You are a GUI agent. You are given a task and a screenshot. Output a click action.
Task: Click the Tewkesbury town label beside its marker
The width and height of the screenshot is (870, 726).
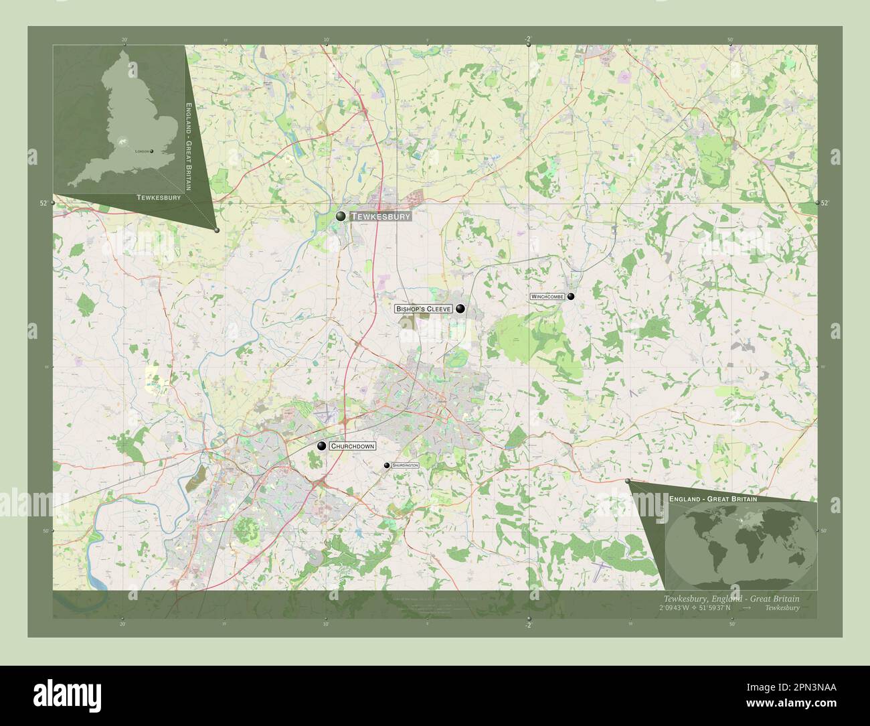tap(379, 216)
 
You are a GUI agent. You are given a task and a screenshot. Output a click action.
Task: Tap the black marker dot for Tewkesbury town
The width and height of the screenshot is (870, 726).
tap(341, 216)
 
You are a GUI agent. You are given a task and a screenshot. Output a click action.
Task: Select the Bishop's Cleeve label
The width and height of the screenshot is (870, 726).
tap(423, 309)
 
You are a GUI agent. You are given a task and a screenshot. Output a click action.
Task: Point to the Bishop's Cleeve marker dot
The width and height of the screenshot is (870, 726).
tap(460, 309)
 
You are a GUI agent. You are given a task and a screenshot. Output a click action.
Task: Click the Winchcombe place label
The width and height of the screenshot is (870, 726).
tap(547, 296)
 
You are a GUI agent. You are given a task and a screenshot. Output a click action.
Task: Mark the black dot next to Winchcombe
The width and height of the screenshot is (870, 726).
tap(571, 296)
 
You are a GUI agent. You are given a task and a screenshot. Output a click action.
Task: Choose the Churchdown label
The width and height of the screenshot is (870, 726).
tap(352, 446)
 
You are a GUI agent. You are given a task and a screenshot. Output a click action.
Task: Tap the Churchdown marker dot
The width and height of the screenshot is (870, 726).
tap(322, 446)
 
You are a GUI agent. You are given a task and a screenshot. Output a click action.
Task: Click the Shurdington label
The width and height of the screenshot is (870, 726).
tap(406, 465)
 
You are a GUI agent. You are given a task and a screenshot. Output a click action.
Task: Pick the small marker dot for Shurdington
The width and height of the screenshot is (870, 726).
tap(387, 465)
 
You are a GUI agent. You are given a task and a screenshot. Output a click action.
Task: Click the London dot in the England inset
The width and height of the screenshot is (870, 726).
tap(152, 151)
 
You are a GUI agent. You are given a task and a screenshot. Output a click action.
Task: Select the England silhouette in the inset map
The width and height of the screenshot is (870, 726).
tap(120, 121)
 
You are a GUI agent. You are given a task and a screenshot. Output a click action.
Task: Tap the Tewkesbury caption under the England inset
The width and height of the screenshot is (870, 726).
tap(159, 198)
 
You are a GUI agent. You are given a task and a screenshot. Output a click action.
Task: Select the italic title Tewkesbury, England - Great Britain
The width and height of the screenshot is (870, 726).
tap(731, 598)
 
